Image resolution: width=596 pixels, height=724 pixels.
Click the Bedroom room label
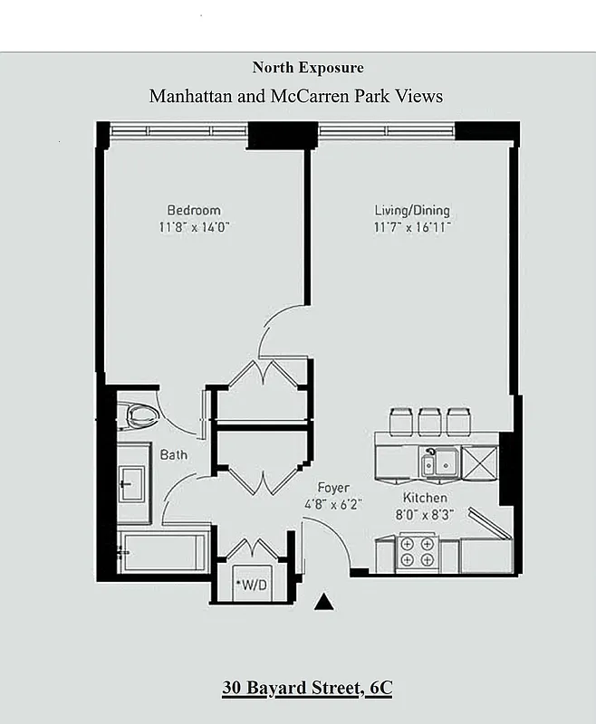click(194, 210)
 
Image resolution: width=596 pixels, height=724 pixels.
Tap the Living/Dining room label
click(412, 211)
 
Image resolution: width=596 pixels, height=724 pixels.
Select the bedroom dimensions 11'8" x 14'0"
click(194, 227)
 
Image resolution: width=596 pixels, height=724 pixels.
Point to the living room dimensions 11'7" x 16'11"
click(412, 227)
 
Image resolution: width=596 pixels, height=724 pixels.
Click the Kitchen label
click(425, 498)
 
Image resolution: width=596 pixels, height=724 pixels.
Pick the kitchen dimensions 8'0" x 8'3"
click(425, 513)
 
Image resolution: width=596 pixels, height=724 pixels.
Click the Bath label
click(174, 454)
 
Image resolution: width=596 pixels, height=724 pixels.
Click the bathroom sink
click(132, 483)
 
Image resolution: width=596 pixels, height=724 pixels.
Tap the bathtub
click(164, 553)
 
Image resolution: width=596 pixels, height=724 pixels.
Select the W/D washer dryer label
click(251, 584)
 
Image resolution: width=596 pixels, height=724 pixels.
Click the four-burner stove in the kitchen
click(418, 553)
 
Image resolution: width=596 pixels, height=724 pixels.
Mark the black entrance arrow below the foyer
click(324, 602)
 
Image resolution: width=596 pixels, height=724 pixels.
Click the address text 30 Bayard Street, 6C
click(307, 688)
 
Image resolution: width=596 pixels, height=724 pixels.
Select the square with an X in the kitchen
click(480, 462)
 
